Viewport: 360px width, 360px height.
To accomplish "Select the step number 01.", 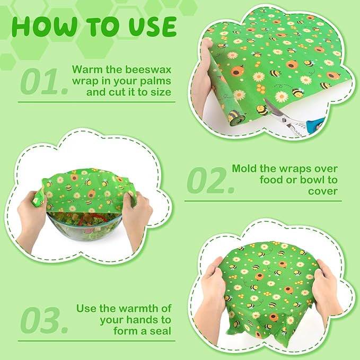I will (x=45, y=82).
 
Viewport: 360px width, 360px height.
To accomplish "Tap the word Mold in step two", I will (x=245, y=169).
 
